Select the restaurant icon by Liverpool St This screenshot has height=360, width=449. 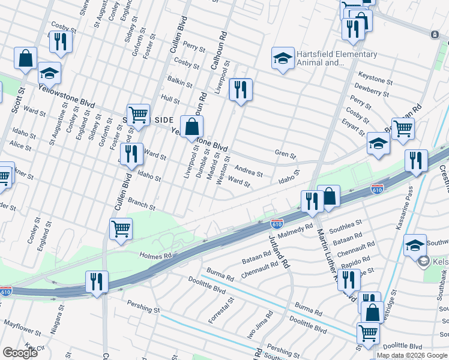(x=240, y=90)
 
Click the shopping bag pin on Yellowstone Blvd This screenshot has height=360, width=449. (x=191, y=127)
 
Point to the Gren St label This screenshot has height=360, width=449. (x=286, y=155)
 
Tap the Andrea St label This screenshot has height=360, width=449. (x=249, y=172)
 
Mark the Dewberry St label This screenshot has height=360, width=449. (x=373, y=91)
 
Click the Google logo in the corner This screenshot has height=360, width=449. (x=20, y=353)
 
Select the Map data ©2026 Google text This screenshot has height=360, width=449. (x=412, y=355)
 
